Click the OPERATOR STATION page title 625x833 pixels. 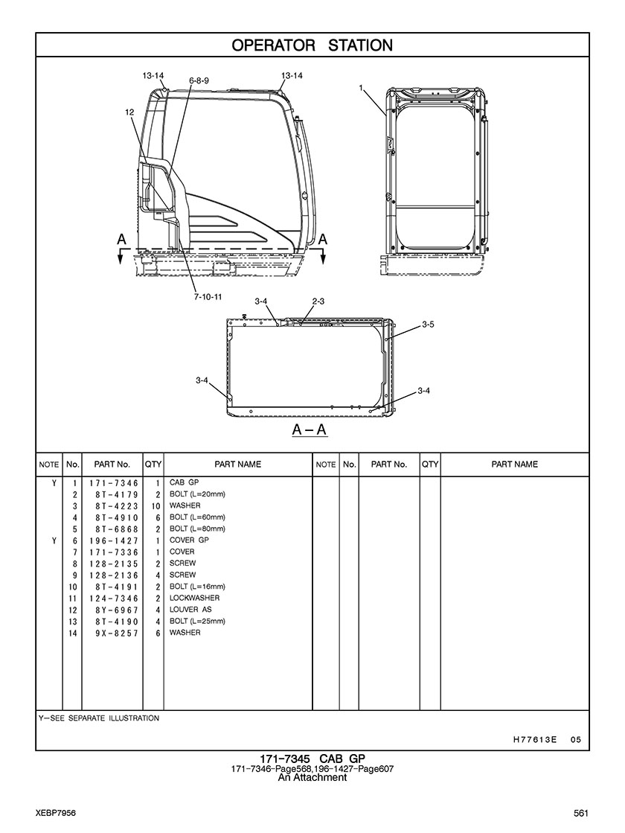point(312,45)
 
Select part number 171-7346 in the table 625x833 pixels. point(114,483)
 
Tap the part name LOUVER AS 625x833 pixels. point(190,610)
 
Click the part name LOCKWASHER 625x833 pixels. point(194,598)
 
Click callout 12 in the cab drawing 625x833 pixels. point(129,112)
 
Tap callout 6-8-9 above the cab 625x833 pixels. point(199,80)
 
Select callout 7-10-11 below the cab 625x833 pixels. point(208,297)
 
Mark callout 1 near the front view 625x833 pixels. point(360,88)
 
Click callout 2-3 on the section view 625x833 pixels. point(318,301)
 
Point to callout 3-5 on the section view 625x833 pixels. point(428,325)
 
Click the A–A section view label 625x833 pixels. point(310,430)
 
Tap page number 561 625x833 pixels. point(581,812)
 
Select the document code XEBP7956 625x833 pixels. point(56,812)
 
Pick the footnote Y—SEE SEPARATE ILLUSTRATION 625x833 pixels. point(98,718)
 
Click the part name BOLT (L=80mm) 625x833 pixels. point(197,529)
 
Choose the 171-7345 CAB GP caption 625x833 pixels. point(312,759)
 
